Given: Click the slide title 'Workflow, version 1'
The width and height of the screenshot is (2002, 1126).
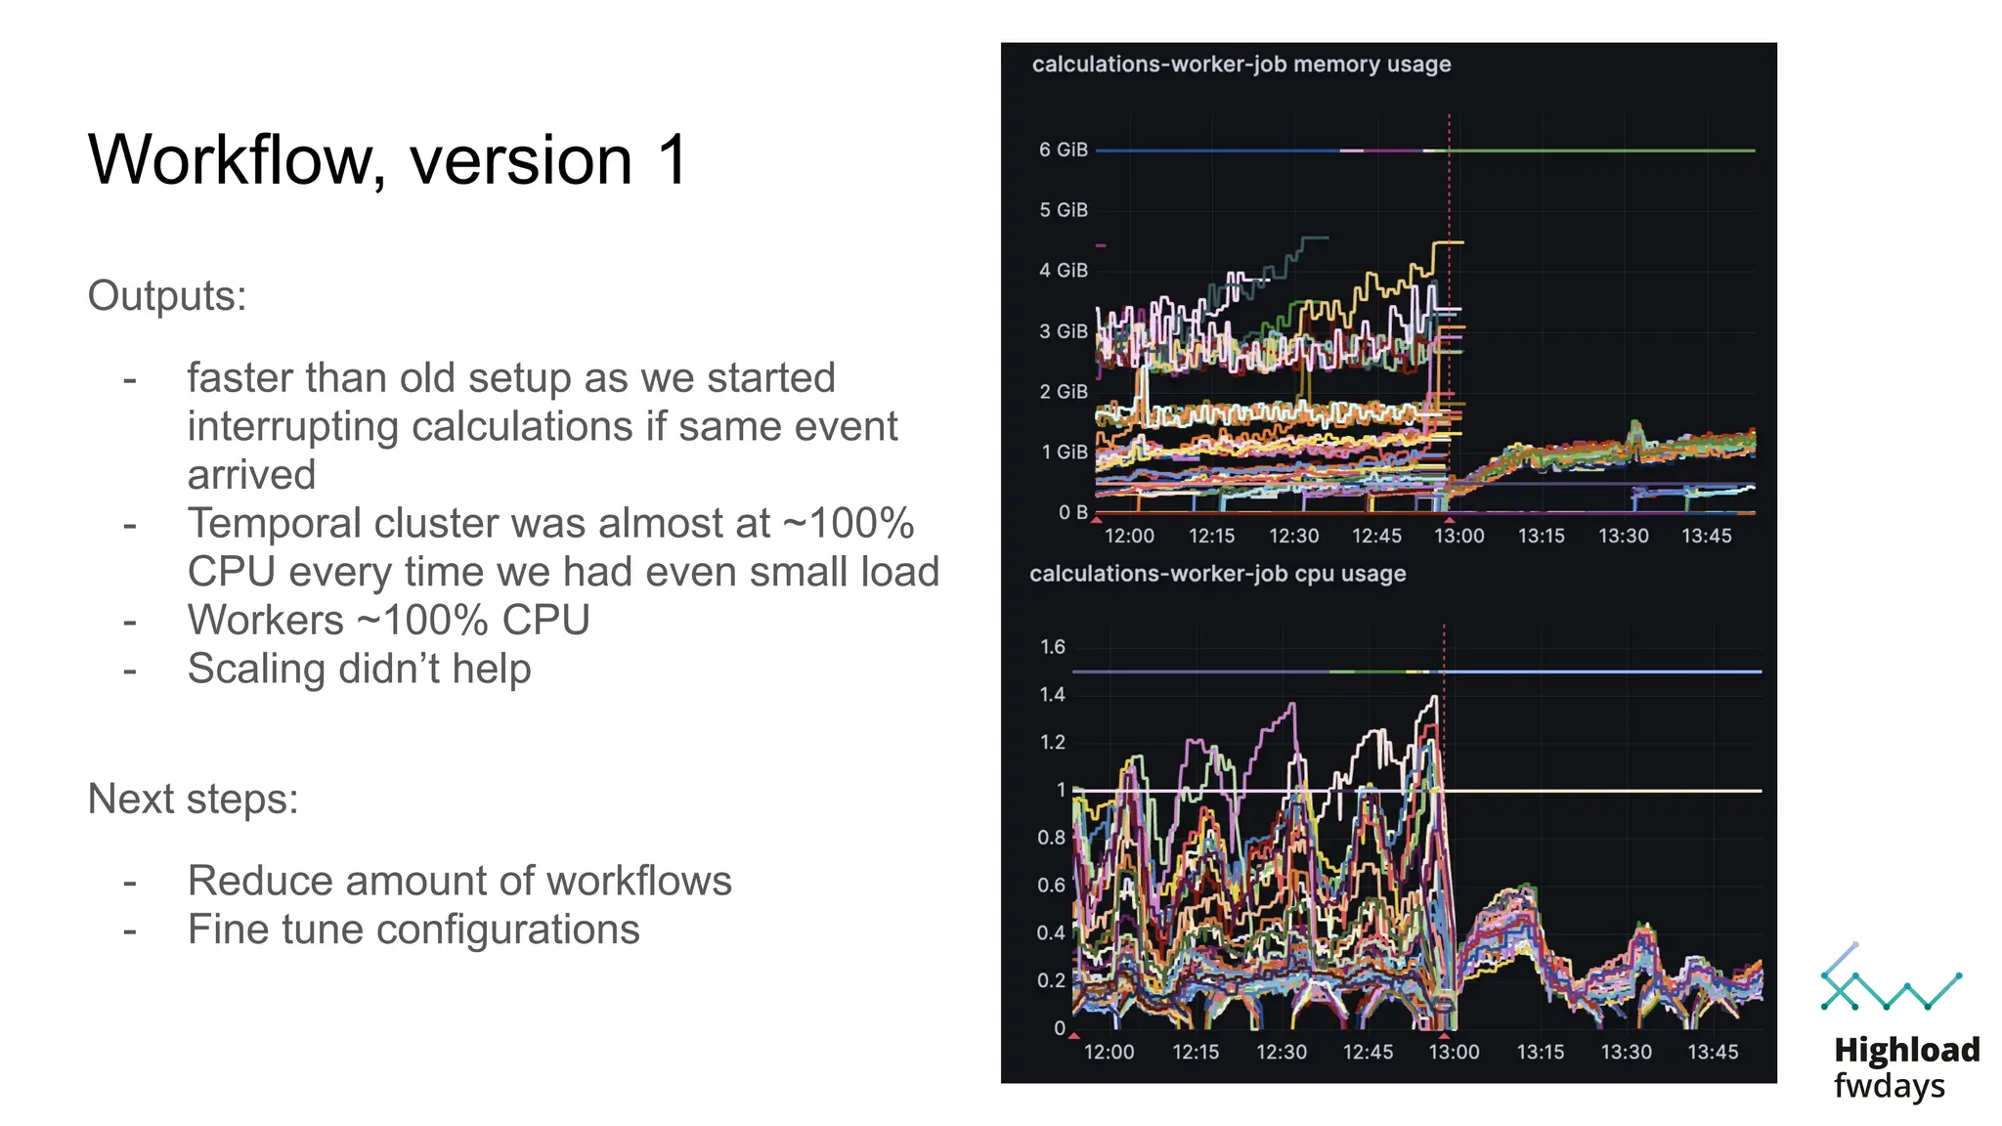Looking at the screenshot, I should (x=389, y=159).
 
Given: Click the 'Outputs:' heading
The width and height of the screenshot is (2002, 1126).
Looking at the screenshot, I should (x=167, y=295).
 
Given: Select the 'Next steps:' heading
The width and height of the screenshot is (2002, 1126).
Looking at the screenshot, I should (x=193, y=799).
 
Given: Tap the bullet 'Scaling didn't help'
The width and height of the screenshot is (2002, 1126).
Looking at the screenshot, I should (x=359, y=669).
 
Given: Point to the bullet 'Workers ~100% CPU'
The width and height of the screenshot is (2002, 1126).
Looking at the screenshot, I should (x=388, y=620).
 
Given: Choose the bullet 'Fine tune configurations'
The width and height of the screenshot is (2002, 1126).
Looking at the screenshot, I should (x=413, y=929).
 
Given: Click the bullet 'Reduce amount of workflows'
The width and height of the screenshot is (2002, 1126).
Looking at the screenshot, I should (x=459, y=880).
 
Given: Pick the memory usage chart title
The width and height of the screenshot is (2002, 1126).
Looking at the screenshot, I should (x=1241, y=65).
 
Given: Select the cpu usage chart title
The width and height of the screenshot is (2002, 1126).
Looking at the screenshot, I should (x=1217, y=574).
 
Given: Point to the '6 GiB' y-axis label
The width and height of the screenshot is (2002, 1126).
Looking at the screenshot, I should (x=1063, y=150).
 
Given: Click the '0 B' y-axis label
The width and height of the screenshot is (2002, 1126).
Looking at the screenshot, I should (x=1072, y=512).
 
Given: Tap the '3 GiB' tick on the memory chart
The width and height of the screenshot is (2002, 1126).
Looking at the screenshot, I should (x=1063, y=331).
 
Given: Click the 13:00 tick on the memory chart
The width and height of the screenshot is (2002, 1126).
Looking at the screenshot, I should (x=1458, y=536).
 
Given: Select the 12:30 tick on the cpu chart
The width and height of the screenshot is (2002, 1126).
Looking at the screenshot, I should (x=1281, y=1052).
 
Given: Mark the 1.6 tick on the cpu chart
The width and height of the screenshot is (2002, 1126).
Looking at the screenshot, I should (x=1052, y=647).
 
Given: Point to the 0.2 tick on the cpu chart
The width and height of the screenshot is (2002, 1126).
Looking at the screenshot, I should (x=1051, y=980).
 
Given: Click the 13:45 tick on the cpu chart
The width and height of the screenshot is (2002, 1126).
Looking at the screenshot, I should (x=1713, y=1052).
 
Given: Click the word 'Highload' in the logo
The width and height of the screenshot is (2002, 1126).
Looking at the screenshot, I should (x=1906, y=1050).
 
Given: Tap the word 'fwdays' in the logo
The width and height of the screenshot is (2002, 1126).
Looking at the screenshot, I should (x=1889, y=1086).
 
